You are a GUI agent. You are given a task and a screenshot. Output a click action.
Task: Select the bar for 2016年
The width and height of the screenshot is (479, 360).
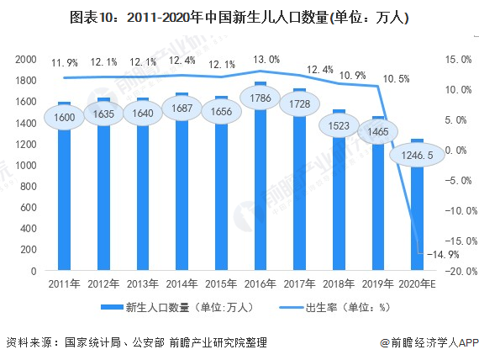click(260, 202)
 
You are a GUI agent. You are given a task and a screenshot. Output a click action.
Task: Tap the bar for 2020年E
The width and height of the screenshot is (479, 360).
click(417, 219)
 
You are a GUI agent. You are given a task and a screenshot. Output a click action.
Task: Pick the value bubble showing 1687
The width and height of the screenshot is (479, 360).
click(182, 109)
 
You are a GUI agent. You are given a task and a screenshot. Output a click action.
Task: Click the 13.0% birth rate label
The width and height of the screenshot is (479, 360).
click(261, 58)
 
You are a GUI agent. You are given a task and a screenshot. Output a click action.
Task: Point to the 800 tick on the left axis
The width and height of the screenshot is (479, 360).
click(28, 187)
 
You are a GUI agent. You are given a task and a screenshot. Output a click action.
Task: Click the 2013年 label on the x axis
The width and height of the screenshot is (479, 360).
click(143, 285)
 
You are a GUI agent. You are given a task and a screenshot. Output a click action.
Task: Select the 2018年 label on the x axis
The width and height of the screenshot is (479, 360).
click(339, 285)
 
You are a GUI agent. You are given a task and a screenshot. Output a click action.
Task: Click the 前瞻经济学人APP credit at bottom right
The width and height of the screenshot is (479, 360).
click(429, 343)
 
